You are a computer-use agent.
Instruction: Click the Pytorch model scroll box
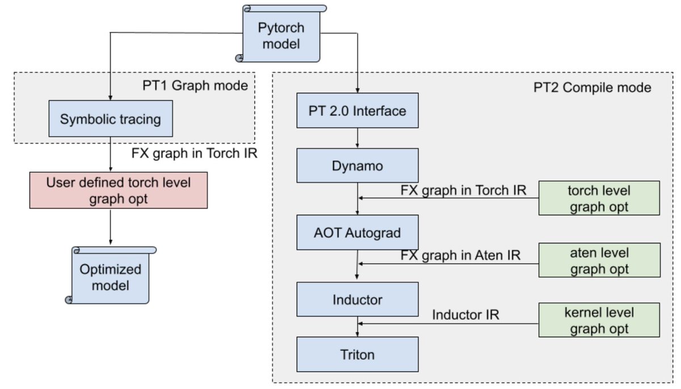coord(281,35)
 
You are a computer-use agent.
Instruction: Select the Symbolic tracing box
coord(111,119)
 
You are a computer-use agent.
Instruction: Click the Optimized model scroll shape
coord(111,277)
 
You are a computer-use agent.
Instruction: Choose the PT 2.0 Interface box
coord(358,111)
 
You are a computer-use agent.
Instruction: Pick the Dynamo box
coord(358,166)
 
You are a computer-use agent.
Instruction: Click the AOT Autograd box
coord(358,233)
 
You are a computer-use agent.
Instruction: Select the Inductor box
coord(358,299)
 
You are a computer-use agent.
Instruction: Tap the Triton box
coord(358,355)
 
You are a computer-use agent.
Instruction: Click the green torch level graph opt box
coord(599,198)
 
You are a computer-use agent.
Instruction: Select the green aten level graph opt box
coord(599,260)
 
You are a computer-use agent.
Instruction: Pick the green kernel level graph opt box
coord(599,320)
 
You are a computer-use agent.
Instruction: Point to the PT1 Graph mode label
coord(195,86)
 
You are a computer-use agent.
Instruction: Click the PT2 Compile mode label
coord(592,87)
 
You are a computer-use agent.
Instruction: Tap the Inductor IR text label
coord(465,314)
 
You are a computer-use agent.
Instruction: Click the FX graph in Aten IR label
coord(460,255)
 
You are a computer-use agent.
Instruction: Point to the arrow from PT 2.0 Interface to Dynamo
coord(358,139)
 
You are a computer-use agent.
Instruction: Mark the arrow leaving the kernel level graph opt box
coord(448,324)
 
